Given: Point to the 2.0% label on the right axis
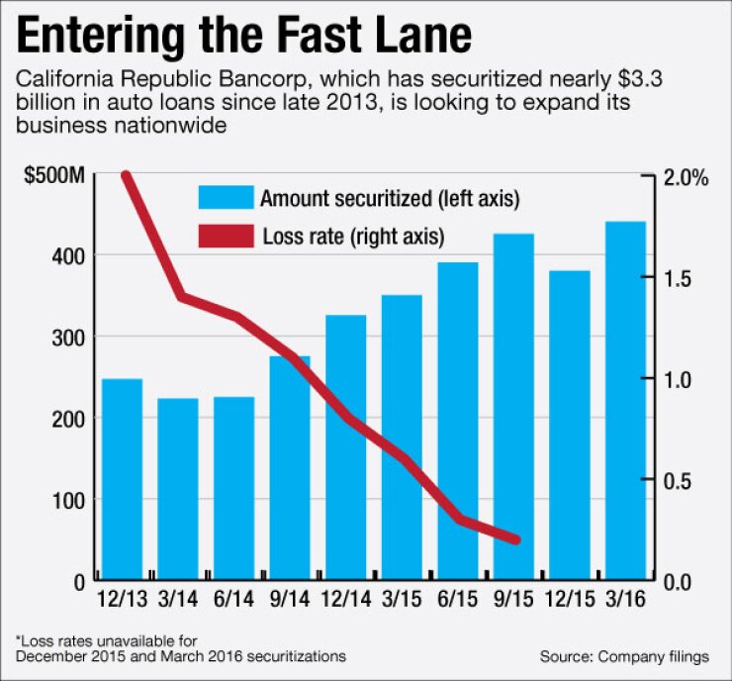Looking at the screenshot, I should point(687,177).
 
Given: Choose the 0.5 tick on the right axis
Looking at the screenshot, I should point(681,480).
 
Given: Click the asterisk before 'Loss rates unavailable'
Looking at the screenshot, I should point(18,637).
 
